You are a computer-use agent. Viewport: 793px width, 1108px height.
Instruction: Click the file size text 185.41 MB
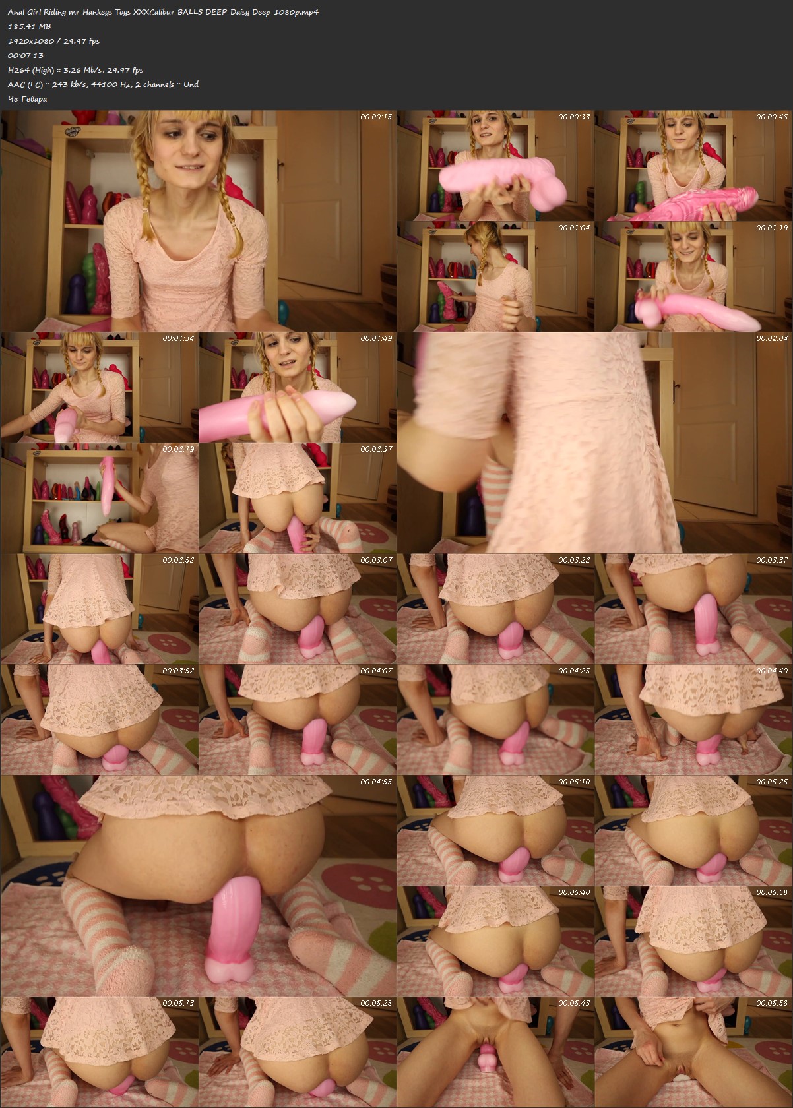pos(29,26)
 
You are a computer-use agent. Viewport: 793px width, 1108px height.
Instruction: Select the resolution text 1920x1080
pos(30,41)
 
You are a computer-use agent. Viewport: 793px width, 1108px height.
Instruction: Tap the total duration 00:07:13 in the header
pos(25,55)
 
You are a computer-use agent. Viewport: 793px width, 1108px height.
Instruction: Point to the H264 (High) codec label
pos(31,70)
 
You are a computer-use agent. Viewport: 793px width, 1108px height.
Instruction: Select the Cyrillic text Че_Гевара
pos(28,99)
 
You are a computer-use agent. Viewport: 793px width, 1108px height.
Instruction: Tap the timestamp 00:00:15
pos(376,117)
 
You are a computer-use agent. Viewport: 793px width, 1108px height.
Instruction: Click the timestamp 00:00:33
pos(574,117)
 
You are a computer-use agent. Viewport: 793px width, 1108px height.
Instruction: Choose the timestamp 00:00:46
pos(772,117)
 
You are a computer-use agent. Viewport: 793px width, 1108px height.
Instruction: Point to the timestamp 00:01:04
pos(574,228)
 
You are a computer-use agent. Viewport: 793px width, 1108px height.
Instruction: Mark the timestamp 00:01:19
pos(772,228)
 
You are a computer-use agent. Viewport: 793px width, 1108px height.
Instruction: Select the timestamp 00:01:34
pos(178,338)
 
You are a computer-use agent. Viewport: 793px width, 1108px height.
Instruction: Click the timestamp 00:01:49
pos(376,338)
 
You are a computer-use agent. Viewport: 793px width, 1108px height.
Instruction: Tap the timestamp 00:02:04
pos(772,338)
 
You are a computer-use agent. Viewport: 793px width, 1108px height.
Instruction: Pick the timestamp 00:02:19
pos(178,449)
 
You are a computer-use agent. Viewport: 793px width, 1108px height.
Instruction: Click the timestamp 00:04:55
pos(376,782)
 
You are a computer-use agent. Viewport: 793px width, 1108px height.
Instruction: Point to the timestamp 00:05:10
pos(574,782)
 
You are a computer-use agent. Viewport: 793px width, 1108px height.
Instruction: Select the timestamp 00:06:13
pos(178,1003)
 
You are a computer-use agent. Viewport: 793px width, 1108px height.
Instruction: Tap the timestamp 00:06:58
pos(772,1003)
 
